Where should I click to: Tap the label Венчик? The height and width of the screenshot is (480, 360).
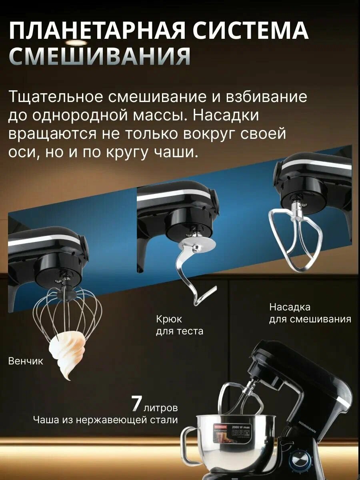coord(26,361)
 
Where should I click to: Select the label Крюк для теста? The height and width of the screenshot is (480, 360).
coord(179,325)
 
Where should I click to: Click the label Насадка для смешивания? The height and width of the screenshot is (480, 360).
coord(310,313)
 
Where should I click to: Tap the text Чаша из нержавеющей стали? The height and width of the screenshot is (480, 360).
coord(106,420)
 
